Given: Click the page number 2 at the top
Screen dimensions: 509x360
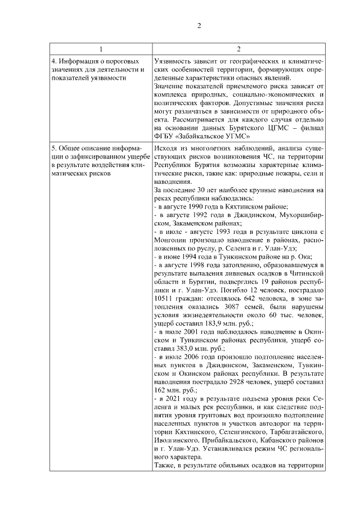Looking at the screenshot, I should point(199,25).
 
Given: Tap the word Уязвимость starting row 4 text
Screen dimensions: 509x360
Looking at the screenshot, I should point(172,61).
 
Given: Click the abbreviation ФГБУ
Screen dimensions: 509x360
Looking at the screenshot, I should point(165,135).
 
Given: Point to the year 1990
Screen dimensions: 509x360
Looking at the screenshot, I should point(196,207).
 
